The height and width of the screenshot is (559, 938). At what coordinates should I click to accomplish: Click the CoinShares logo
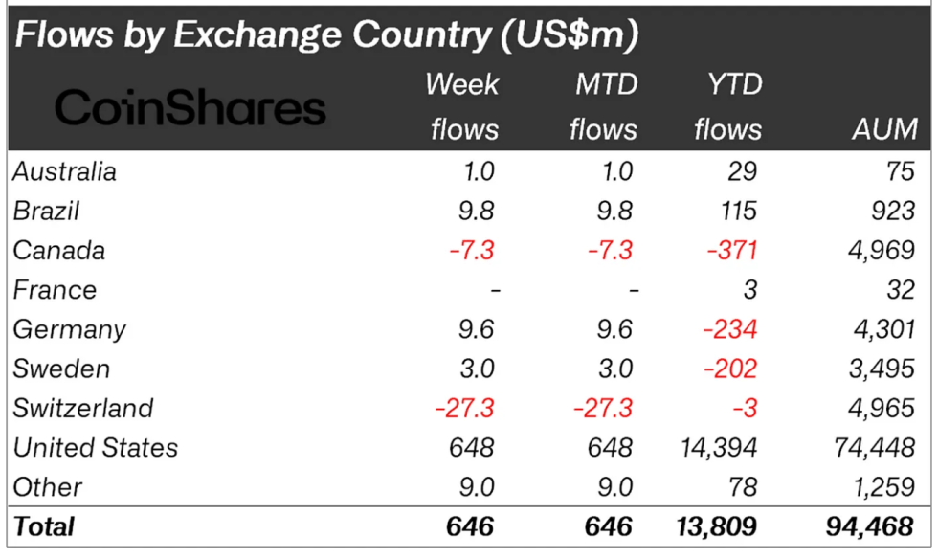tap(190, 107)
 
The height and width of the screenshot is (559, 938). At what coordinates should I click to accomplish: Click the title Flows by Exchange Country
tap(326, 35)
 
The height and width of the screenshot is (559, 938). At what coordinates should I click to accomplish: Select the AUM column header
tap(884, 129)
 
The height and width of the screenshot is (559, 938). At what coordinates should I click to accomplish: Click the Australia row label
tap(64, 171)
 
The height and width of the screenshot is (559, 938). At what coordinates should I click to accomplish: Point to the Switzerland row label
tap(82, 408)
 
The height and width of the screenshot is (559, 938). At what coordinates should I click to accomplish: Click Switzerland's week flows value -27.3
tap(464, 408)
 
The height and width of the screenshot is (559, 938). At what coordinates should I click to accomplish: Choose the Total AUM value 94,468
tap(871, 526)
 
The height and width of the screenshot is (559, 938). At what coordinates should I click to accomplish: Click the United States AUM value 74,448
tap(871, 447)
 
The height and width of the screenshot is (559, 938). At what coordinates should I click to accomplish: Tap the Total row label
tap(43, 526)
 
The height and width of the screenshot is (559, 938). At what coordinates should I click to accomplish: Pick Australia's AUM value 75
tap(899, 171)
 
